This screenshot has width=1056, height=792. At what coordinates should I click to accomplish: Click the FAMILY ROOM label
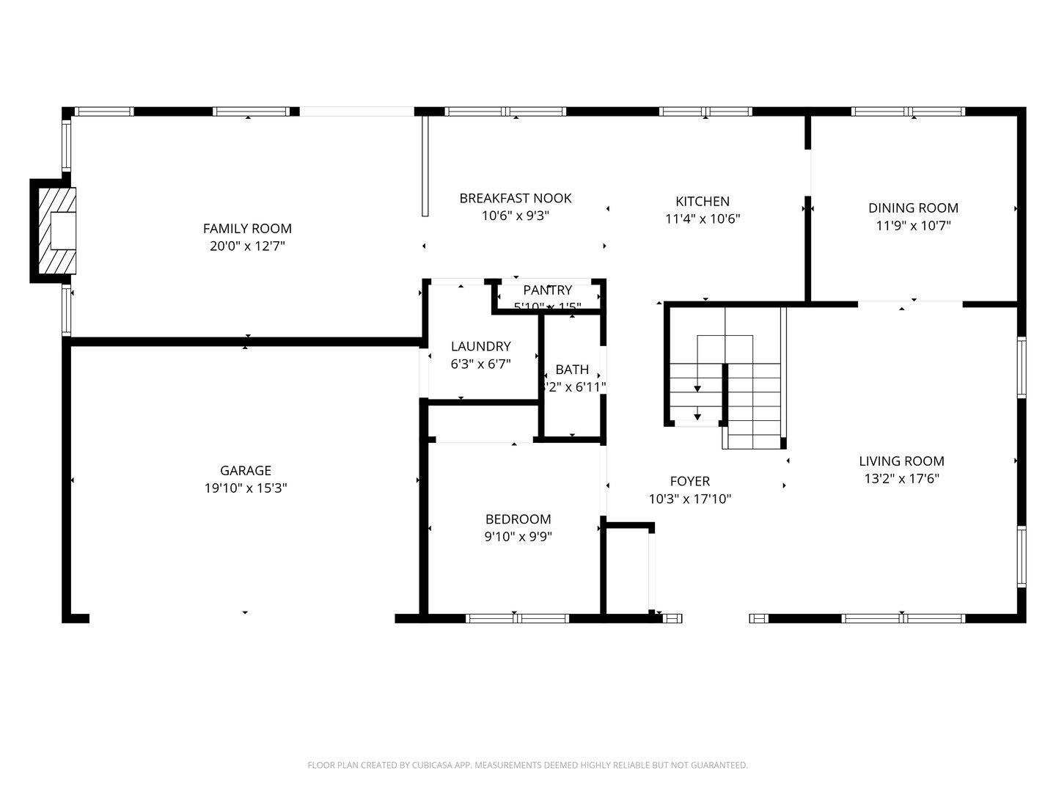coord(247,229)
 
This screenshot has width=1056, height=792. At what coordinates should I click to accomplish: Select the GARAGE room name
coord(246,471)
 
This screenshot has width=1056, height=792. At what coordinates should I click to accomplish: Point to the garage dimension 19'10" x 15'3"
coord(246,488)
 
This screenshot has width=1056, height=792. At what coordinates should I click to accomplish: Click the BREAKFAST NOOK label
coord(515,198)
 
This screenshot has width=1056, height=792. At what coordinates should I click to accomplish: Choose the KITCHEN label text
coord(702,202)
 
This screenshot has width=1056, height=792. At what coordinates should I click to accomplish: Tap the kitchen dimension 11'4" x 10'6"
coord(702,219)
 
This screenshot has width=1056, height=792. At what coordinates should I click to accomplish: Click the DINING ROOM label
coord(913,208)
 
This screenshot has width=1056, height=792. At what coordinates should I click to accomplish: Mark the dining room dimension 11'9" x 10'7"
coord(913,226)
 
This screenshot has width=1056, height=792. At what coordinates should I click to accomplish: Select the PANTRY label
coord(547,290)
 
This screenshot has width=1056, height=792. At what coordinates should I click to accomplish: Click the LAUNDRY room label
coord(480,346)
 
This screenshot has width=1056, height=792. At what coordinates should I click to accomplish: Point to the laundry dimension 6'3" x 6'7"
coord(480,364)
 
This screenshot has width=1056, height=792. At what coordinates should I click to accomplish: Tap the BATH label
coord(572,370)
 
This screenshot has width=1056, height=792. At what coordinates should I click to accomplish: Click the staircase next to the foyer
coord(726,378)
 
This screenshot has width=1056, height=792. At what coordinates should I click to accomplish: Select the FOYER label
coord(689,481)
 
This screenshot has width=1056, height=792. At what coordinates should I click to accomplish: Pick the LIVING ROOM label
coord(901,461)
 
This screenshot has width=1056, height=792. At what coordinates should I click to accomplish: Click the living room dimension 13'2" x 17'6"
coord(901,479)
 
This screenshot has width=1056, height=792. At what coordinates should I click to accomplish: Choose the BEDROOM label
coord(518,519)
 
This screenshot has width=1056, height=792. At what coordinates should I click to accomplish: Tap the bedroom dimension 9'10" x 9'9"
coord(518,537)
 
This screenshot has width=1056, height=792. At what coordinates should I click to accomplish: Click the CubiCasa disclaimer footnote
coord(527,765)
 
